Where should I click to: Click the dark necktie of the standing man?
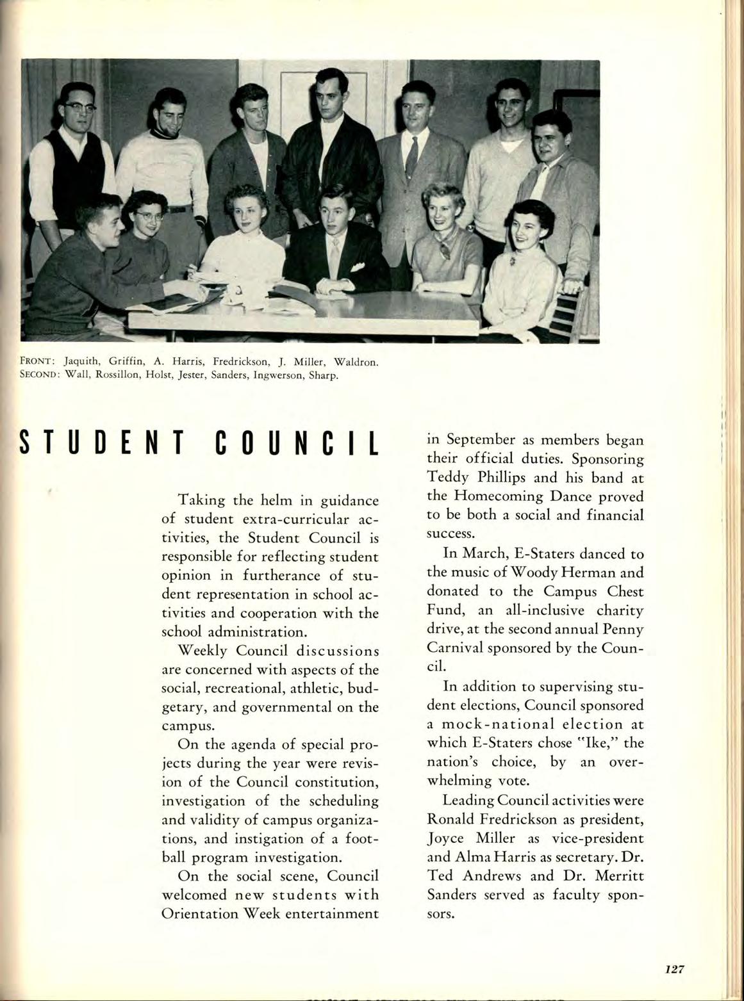point(411,157)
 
